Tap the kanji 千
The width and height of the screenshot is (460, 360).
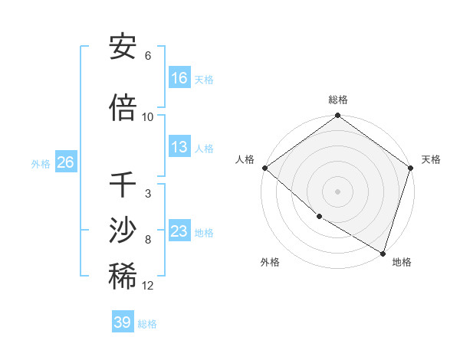(123, 185)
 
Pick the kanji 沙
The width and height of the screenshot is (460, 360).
(123, 231)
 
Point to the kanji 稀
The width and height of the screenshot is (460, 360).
(123, 277)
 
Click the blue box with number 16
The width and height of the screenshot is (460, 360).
(179, 78)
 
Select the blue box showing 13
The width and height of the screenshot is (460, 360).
(179, 147)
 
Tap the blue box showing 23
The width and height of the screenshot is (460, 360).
(179, 231)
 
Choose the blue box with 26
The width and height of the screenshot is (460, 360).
(65, 162)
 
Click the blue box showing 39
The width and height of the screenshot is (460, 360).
(123, 322)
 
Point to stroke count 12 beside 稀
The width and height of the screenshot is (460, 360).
(148, 286)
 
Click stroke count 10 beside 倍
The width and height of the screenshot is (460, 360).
(148, 116)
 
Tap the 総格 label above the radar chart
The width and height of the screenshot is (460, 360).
(338, 100)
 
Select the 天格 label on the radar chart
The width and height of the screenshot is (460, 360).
(431, 159)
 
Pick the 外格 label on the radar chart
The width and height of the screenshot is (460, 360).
(270, 262)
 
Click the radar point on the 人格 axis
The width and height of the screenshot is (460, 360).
(264, 168)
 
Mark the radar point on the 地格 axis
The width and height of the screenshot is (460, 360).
(383, 253)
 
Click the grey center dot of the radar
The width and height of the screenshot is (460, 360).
(338, 191)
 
